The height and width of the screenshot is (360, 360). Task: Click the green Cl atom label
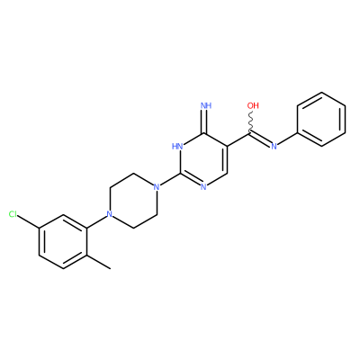(x=13, y=214)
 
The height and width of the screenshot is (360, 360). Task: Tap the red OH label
(x=253, y=105)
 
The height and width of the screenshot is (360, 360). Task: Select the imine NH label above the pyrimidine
(x=206, y=105)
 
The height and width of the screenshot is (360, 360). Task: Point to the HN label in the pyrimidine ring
(x=177, y=147)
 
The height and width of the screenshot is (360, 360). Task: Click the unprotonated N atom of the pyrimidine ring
(x=203, y=187)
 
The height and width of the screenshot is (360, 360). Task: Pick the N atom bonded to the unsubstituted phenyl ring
(x=274, y=147)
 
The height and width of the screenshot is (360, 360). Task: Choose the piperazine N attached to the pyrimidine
(x=156, y=187)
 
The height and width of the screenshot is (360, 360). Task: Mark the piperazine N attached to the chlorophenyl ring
(x=109, y=214)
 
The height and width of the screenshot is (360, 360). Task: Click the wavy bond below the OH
(x=251, y=122)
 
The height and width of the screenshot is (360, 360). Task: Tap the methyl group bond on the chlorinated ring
(x=99, y=262)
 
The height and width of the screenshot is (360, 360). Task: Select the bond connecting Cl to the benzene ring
(x=29, y=221)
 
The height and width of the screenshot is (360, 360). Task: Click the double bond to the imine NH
(x=204, y=121)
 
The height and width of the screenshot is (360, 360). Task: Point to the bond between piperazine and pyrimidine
(x=168, y=180)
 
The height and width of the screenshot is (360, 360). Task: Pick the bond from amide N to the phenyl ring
(x=288, y=139)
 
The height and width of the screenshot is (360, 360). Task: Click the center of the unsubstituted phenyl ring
(x=321, y=119)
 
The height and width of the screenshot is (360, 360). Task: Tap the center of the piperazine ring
(x=132, y=201)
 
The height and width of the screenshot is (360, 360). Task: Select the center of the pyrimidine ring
(x=203, y=160)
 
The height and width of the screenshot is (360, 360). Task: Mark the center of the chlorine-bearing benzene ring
(x=63, y=241)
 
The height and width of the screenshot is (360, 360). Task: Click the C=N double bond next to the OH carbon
(x=261, y=139)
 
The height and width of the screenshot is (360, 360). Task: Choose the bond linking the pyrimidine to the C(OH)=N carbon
(x=239, y=139)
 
